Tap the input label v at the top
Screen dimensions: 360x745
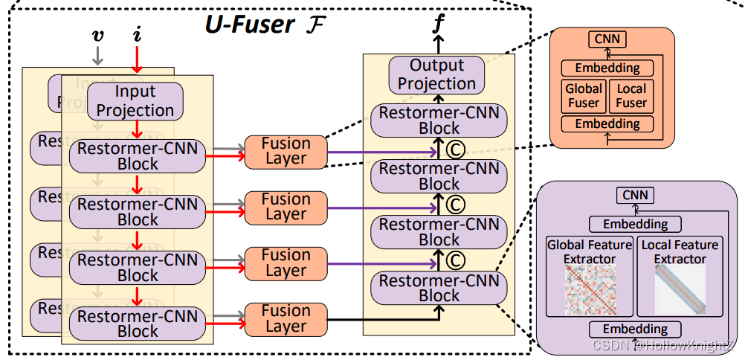(x=97, y=36)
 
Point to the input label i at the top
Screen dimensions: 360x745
(x=136, y=35)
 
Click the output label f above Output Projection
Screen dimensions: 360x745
(x=439, y=22)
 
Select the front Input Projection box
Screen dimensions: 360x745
(x=135, y=101)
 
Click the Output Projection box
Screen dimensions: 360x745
(x=436, y=75)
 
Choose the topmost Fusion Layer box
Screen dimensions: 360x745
(x=286, y=151)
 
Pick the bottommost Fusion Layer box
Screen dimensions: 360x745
(x=286, y=318)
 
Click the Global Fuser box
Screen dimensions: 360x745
(x=584, y=96)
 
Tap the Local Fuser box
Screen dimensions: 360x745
(x=631, y=96)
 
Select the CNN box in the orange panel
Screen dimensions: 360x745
(x=607, y=39)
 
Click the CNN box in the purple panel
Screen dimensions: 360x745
(x=635, y=196)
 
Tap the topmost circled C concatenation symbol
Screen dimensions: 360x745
(x=454, y=149)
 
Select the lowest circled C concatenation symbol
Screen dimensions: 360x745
(x=454, y=260)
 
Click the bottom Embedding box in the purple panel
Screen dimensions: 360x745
(x=635, y=330)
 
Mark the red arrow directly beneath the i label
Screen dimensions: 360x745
(x=136, y=60)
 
